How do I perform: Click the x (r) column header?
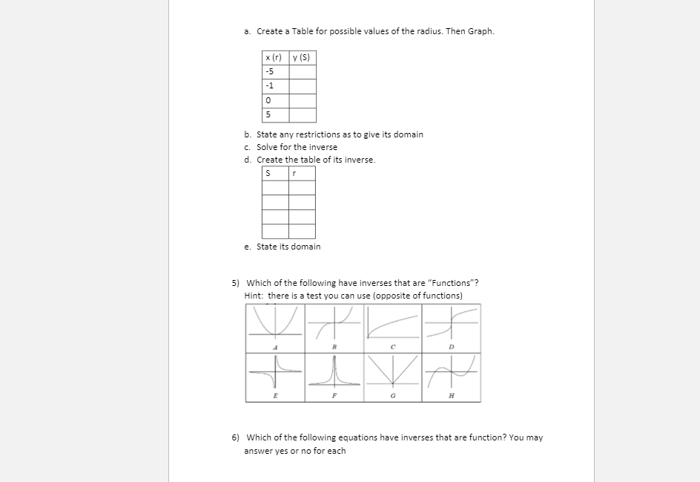coord(275,57)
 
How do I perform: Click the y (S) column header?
coord(303,57)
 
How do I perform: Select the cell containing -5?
coord(275,71)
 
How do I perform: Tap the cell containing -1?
coord(275,86)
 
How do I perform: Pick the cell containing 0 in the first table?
coord(275,100)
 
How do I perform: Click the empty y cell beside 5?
coord(303,115)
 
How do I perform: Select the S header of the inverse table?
coord(275,173)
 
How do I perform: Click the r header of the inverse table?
coord(303,173)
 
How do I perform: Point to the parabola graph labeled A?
coord(275,326)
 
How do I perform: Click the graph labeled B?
coord(334,326)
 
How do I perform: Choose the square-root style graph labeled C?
coord(392,326)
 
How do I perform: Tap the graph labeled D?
coord(451,326)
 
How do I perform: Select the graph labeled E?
coord(275,376)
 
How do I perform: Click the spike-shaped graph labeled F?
coord(334,376)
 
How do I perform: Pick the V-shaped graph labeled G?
coord(392,376)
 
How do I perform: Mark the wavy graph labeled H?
coord(451,376)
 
